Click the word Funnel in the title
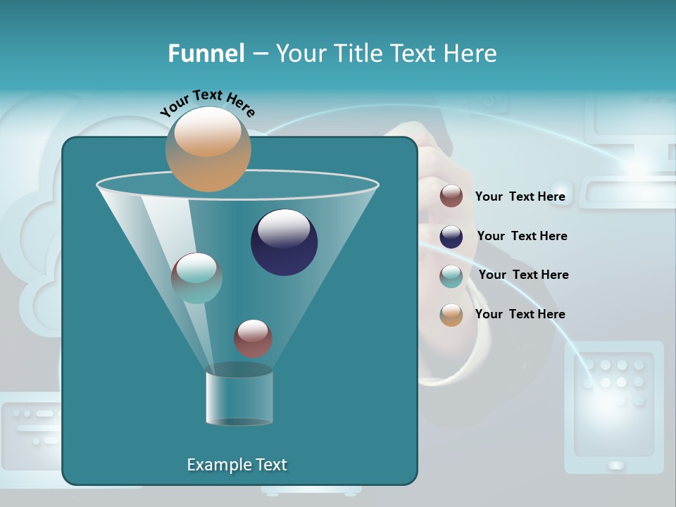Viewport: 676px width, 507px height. pyautogui.click(x=206, y=53)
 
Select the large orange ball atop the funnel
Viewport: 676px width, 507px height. pyautogui.click(x=208, y=149)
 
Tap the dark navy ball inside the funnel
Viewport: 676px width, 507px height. pyautogui.click(x=284, y=242)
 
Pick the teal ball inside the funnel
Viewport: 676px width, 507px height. pyautogui.click(x=196, y=277)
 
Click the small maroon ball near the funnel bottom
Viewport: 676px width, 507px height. pyautogui.click(x=253, y=338)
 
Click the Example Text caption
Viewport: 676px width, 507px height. pyautogui.click(x=237, y=465)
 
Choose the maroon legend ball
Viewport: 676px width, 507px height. pyautogui.click(x=451, y=196)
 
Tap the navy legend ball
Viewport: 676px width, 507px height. pyautogui.click(x=451, y=237)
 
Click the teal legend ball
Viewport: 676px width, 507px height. pyautogui.click(x=451, y=276)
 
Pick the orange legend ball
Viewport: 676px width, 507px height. pyautogui.click(x=451, y=315)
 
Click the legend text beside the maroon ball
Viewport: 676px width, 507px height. pyautogui.click(x=520, y=196)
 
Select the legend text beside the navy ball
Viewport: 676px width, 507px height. pyautogui.click(x=522, y=236)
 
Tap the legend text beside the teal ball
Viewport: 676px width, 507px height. pyautogui.click(x=523, y=275)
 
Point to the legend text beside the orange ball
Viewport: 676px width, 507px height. pyautogui.click(x=520, y=314)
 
